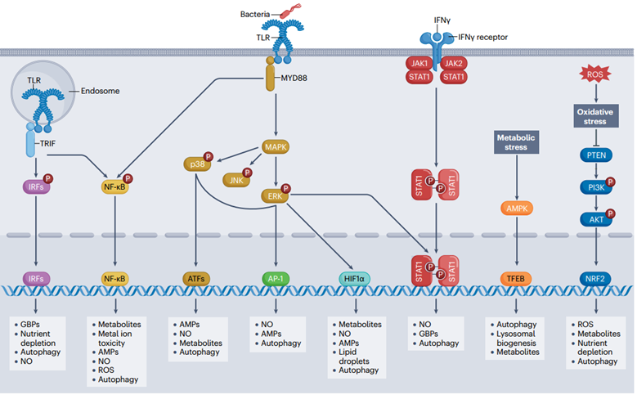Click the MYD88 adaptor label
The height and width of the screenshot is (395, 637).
click(x=301, y=79)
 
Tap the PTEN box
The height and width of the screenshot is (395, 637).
click(x=594, y=155)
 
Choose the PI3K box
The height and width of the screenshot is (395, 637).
click(x=594, y=187)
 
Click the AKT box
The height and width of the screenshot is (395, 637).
click(x=594, y=219)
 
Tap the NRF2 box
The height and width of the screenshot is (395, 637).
click(x=594, y=279)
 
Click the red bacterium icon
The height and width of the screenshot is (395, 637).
click(x=289, y=11)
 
